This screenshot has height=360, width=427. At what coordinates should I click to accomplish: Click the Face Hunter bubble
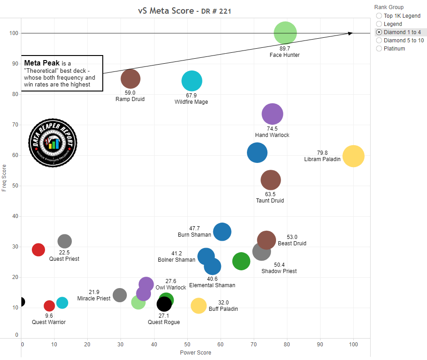tap(285, 33)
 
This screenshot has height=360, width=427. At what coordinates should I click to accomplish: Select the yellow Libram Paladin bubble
tap(353, 156)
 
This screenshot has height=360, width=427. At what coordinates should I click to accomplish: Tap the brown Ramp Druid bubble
tap(131, 78)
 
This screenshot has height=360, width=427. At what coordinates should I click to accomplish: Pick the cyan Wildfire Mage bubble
tap(191, 81)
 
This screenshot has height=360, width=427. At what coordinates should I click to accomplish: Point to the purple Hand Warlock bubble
tap(272, 114)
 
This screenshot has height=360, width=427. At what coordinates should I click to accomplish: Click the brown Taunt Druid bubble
tap(271, 180)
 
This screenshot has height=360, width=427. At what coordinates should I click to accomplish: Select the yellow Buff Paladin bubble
tap(199, 306)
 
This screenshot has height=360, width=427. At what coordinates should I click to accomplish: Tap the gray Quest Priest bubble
tap(65, 241)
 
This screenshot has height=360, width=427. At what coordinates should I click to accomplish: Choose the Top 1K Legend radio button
tap(379, 16)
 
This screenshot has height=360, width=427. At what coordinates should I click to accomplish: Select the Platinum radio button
tap(379, 49)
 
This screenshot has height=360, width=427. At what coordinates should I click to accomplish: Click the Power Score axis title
tap(196, 352)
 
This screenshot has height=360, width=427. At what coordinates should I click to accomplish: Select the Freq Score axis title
tap(5, 177)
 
